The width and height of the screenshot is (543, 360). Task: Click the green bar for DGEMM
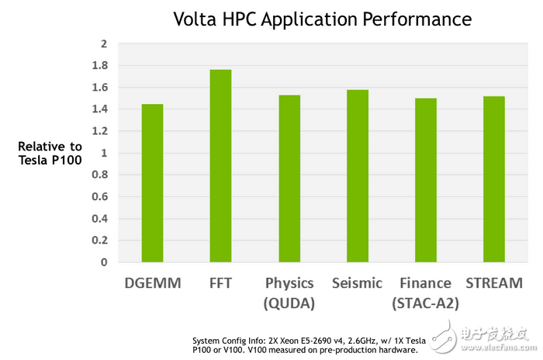pos(152,183)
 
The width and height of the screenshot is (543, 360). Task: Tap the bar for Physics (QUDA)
pos(289,178)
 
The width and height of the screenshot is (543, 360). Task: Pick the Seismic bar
pos(358,176)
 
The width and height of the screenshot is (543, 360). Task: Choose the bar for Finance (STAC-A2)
pos(426,180)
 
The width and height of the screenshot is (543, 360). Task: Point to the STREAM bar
pos(494,179)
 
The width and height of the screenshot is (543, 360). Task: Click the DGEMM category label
pos(152,283)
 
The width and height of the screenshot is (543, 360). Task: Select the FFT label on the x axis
pos(220,283)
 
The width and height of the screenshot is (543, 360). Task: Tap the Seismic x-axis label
pos(357,283)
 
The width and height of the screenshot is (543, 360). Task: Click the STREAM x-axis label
pos(494,283)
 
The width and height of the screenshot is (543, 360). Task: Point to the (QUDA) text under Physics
pos(289,303)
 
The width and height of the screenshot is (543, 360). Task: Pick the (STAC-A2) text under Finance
pos(426,303)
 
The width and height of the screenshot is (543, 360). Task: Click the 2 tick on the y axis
pos(102,43)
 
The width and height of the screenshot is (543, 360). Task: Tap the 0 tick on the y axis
pos(102,262)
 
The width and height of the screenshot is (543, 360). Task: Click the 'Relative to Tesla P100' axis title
pos(50,153)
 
